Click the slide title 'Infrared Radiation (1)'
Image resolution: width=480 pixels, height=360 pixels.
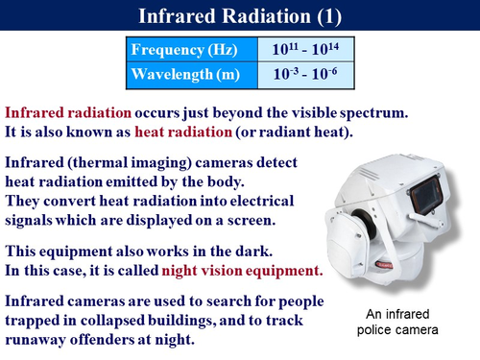tap(239, 16)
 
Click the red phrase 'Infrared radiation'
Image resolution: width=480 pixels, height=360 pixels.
tap(65, 110)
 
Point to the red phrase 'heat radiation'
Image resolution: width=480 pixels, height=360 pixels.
tap(182, 131)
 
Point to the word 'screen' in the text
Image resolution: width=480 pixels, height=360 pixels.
tap(253, 219)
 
